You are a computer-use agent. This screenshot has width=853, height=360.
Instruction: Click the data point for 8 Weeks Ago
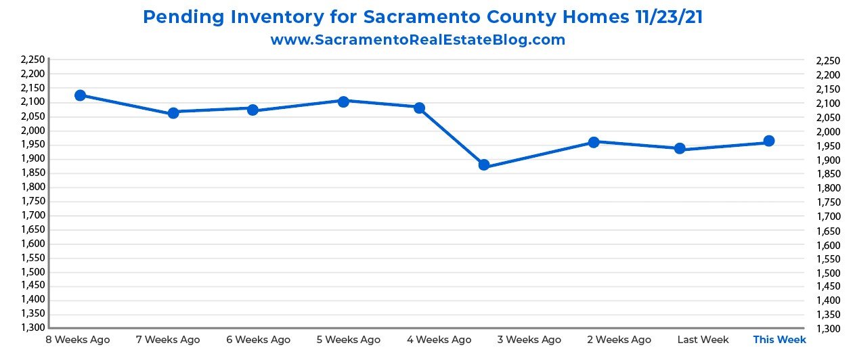click(x=80, y=95)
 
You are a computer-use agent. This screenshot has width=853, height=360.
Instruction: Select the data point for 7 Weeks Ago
click(x=173, y=113)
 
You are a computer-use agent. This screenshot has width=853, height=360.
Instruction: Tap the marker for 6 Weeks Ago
click(x=253, y=110)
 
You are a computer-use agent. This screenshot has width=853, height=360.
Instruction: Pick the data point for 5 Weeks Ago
click(x=343, y=102)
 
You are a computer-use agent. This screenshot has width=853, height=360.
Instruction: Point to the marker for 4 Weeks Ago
click(x=419, y=108)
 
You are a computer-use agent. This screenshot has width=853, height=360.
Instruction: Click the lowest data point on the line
click(x=484, y=165)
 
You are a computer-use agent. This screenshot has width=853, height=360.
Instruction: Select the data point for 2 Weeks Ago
click(x=594, y=142)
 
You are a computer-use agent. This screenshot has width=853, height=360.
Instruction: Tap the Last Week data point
click(x=680, y=149)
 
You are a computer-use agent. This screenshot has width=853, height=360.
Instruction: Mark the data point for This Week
click(x=769, y=141)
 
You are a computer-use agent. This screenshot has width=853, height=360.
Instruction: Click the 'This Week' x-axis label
click(x=779, y=340)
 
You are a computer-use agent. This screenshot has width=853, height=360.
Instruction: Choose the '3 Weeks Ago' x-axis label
click(x=533, y=340)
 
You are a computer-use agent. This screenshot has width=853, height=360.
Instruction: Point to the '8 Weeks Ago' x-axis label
click(x=77, y=340)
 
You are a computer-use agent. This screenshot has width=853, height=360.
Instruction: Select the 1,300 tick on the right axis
click(x=829, y=330)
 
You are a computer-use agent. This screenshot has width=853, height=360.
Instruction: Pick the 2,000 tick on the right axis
click(x=829, y=132)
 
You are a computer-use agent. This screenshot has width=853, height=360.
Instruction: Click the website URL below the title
click(x=418, y=40)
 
